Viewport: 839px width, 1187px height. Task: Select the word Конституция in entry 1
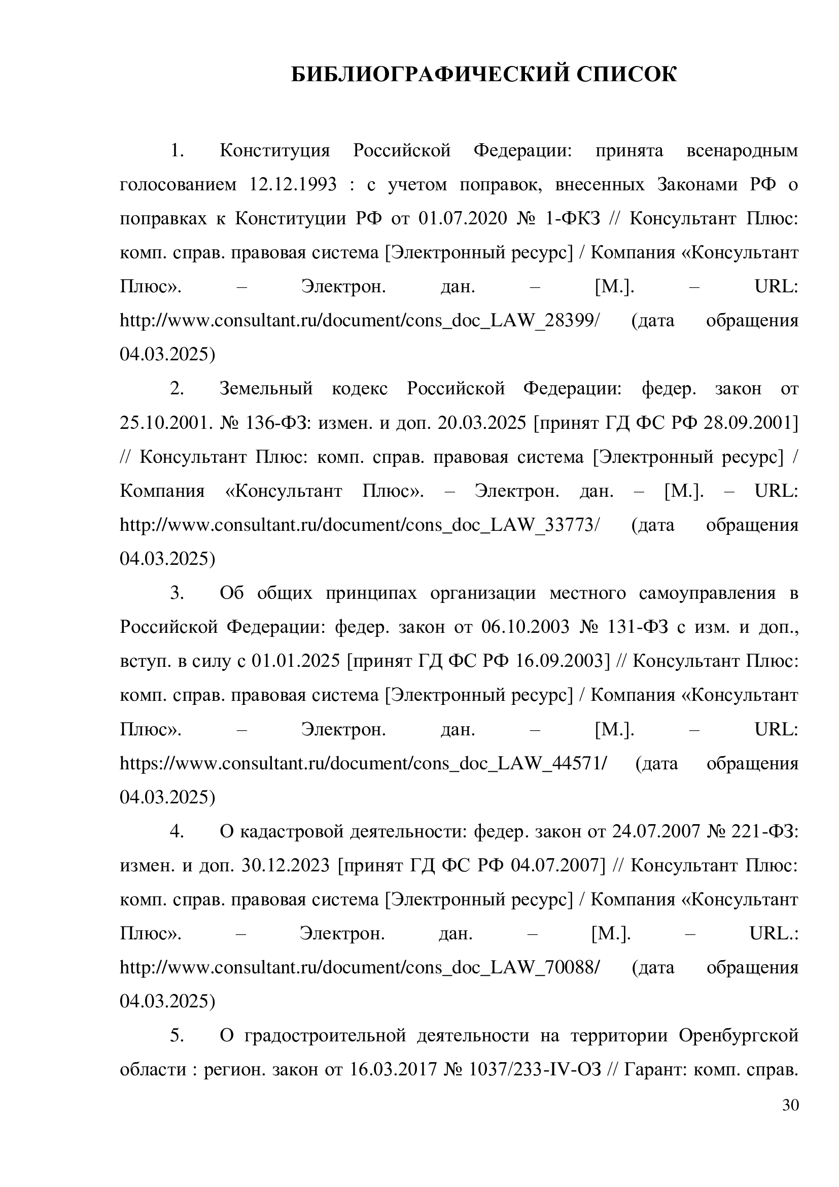[x=275, y=150]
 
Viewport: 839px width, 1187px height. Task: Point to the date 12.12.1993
[x=293, y=185]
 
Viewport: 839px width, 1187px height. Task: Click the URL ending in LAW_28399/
[x=360, y=321]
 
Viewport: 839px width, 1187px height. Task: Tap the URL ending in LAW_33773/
[x=360, y=526]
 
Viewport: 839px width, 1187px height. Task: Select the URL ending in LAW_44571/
[x=363, y=764]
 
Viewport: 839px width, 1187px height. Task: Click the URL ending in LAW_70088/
[x=360, y=968]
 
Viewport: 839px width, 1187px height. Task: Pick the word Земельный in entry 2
[x=267, y=389]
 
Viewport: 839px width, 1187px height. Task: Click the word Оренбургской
[x=739, y=1036]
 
